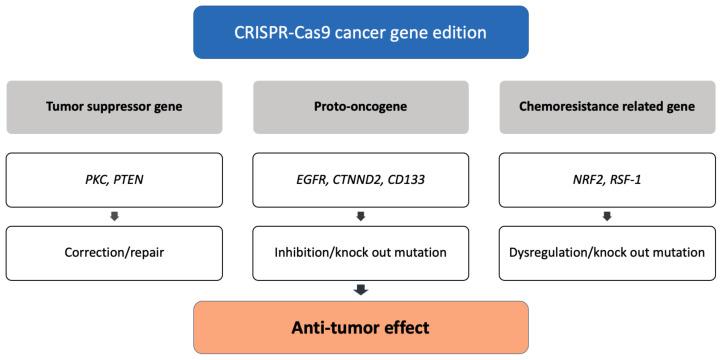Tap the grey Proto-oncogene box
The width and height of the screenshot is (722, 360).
point(360,107)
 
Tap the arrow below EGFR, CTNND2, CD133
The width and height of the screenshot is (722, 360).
point(360,215)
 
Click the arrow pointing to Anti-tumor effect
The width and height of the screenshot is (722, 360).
point(360,290)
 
